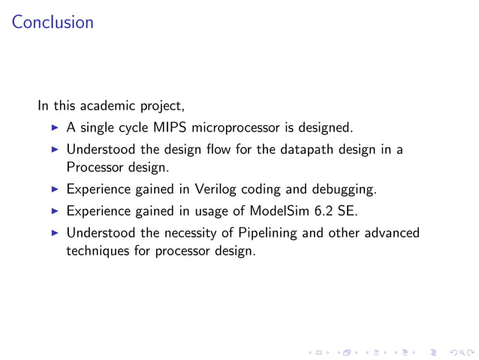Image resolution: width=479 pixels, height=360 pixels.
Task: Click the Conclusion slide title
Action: (53, 23)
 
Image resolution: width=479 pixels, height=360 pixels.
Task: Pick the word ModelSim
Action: (276, 211)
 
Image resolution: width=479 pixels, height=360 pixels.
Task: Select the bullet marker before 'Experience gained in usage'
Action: (54, 211)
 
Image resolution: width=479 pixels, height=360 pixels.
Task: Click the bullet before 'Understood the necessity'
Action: (54, 233)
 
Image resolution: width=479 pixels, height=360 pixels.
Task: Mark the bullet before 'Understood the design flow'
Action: (54, 150)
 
